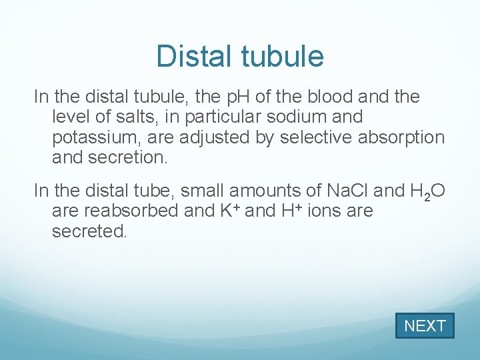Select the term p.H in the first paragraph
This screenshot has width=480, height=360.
tap(233, 97)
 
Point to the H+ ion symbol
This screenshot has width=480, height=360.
tap(294, 211)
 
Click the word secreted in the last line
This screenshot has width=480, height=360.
tap(88, 231)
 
